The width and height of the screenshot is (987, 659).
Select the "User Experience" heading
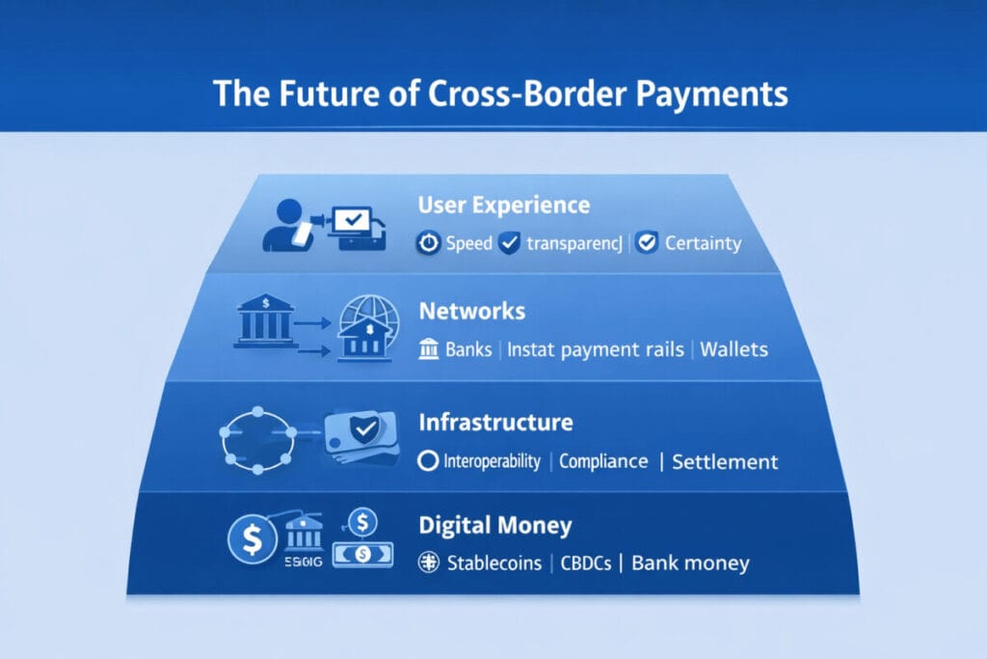pos(504,206)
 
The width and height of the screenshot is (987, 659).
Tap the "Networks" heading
pos(472,312)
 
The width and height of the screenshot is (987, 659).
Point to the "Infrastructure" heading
pos(495,422)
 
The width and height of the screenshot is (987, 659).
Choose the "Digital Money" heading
pos(495,526)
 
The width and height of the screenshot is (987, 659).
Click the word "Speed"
pos(469,243)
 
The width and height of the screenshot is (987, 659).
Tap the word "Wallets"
pos(734,348)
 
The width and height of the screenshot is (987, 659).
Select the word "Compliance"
pos(603,460)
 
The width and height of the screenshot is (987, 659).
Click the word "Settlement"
pos(725,461)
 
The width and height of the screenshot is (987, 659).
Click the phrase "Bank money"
pos(690,563)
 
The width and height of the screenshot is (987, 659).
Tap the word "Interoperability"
pos(492,460)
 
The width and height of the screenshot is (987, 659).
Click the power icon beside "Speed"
pos(428,243)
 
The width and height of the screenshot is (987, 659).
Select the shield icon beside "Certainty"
pos(648,243)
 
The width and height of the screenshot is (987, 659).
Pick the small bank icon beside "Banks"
pos(429,348)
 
